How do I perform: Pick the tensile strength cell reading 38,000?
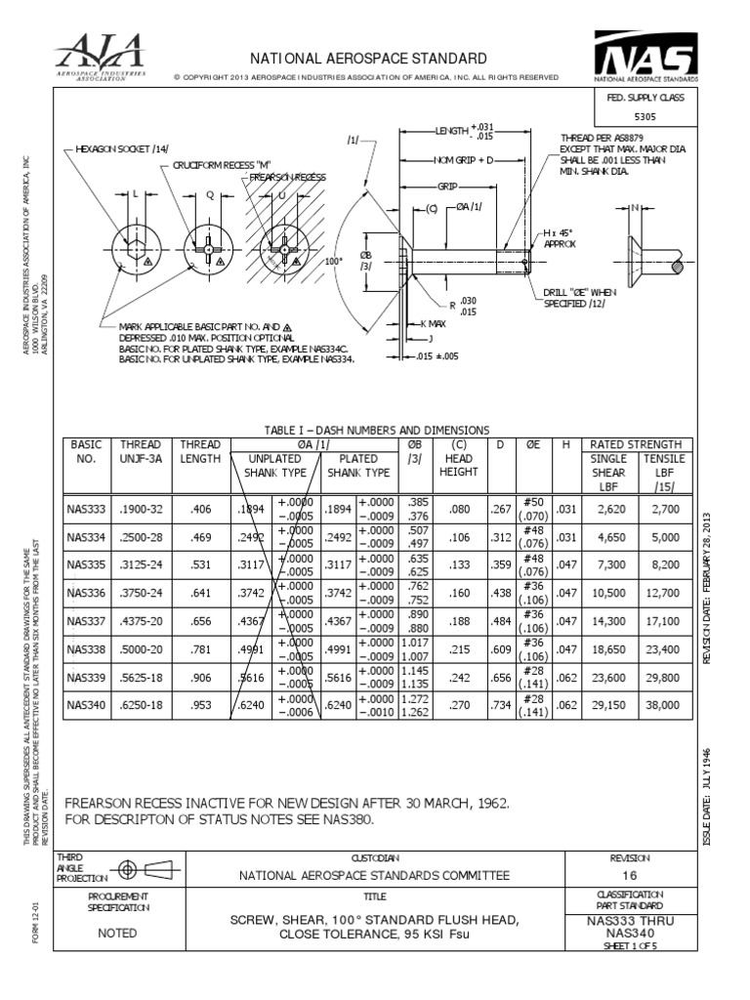pyautogui.click(x=664, y=706)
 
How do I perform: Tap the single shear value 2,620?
pyautogui.click(x=609, y=509)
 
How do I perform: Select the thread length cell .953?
pyautogui.click(x=200, y=706)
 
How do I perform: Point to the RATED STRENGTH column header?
pyautogui.click(x=637, y=443)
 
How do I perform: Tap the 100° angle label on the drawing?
pyautogui.click(x=334, y=262)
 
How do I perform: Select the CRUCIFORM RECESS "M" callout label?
pyautogui.click(x=220, y=165)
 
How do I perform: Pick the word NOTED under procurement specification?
pyautogui.click(x=118, y=934)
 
